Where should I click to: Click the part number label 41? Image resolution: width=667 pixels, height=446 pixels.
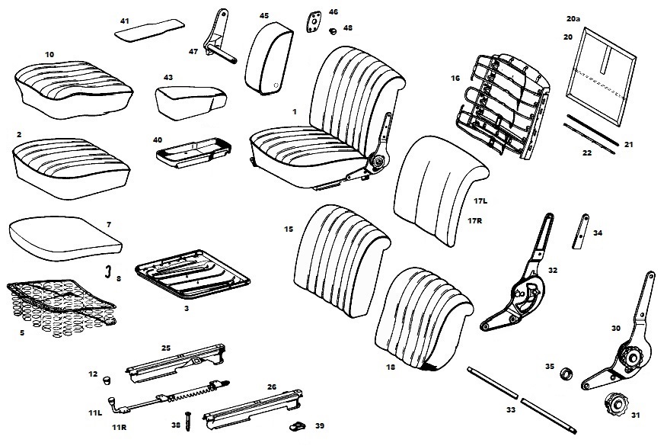pos(125,20)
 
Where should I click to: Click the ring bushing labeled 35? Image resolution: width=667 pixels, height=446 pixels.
pos(566,374)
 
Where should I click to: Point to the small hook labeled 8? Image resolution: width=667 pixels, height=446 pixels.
pos(108,271)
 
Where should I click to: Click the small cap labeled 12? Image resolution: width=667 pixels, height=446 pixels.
pos(107,377)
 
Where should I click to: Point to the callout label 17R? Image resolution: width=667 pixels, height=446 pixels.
pos(476,221)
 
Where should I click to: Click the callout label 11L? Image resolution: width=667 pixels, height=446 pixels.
pos(94,412)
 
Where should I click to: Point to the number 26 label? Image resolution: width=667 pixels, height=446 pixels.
pos(271,387)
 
